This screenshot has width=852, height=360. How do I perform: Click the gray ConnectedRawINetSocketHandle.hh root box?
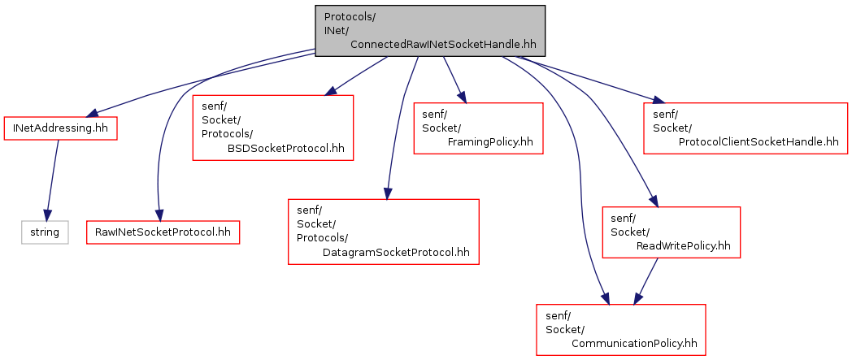(430, 31)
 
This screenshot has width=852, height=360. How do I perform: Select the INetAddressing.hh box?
(61, 128)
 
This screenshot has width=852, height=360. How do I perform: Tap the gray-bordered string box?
(45, 232)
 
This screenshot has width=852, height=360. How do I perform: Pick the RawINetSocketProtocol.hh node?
(163, 232)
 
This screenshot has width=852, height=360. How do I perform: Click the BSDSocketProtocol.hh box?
(273, 128)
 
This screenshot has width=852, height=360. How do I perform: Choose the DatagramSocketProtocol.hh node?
(384, 232)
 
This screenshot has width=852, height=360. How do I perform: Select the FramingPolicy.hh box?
(478, 128)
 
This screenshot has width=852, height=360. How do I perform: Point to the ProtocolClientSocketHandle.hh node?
(745, 128)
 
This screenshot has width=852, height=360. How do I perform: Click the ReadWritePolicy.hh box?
(672, 232)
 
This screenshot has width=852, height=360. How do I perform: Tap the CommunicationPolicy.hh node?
(621, 330)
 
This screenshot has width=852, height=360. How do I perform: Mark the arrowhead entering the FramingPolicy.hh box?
(463, 97)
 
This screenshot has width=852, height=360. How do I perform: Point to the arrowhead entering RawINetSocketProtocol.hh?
(159, 215)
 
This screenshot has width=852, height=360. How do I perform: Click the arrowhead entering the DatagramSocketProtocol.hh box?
(387, 193)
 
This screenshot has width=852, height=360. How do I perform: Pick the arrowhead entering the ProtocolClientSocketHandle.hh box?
(658, 100)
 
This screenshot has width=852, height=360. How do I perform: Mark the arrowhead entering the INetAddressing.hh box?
(92, 113)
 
